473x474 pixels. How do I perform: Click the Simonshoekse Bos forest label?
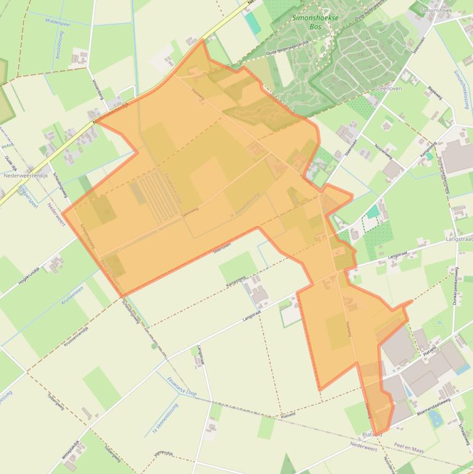click(316, 22)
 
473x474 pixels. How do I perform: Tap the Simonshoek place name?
click(437, 10)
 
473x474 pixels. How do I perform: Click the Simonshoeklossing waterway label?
click(461, 90)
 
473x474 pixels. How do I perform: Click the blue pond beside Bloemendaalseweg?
click(435, 419)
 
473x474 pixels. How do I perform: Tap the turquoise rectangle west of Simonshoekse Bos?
click(252, 23)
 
